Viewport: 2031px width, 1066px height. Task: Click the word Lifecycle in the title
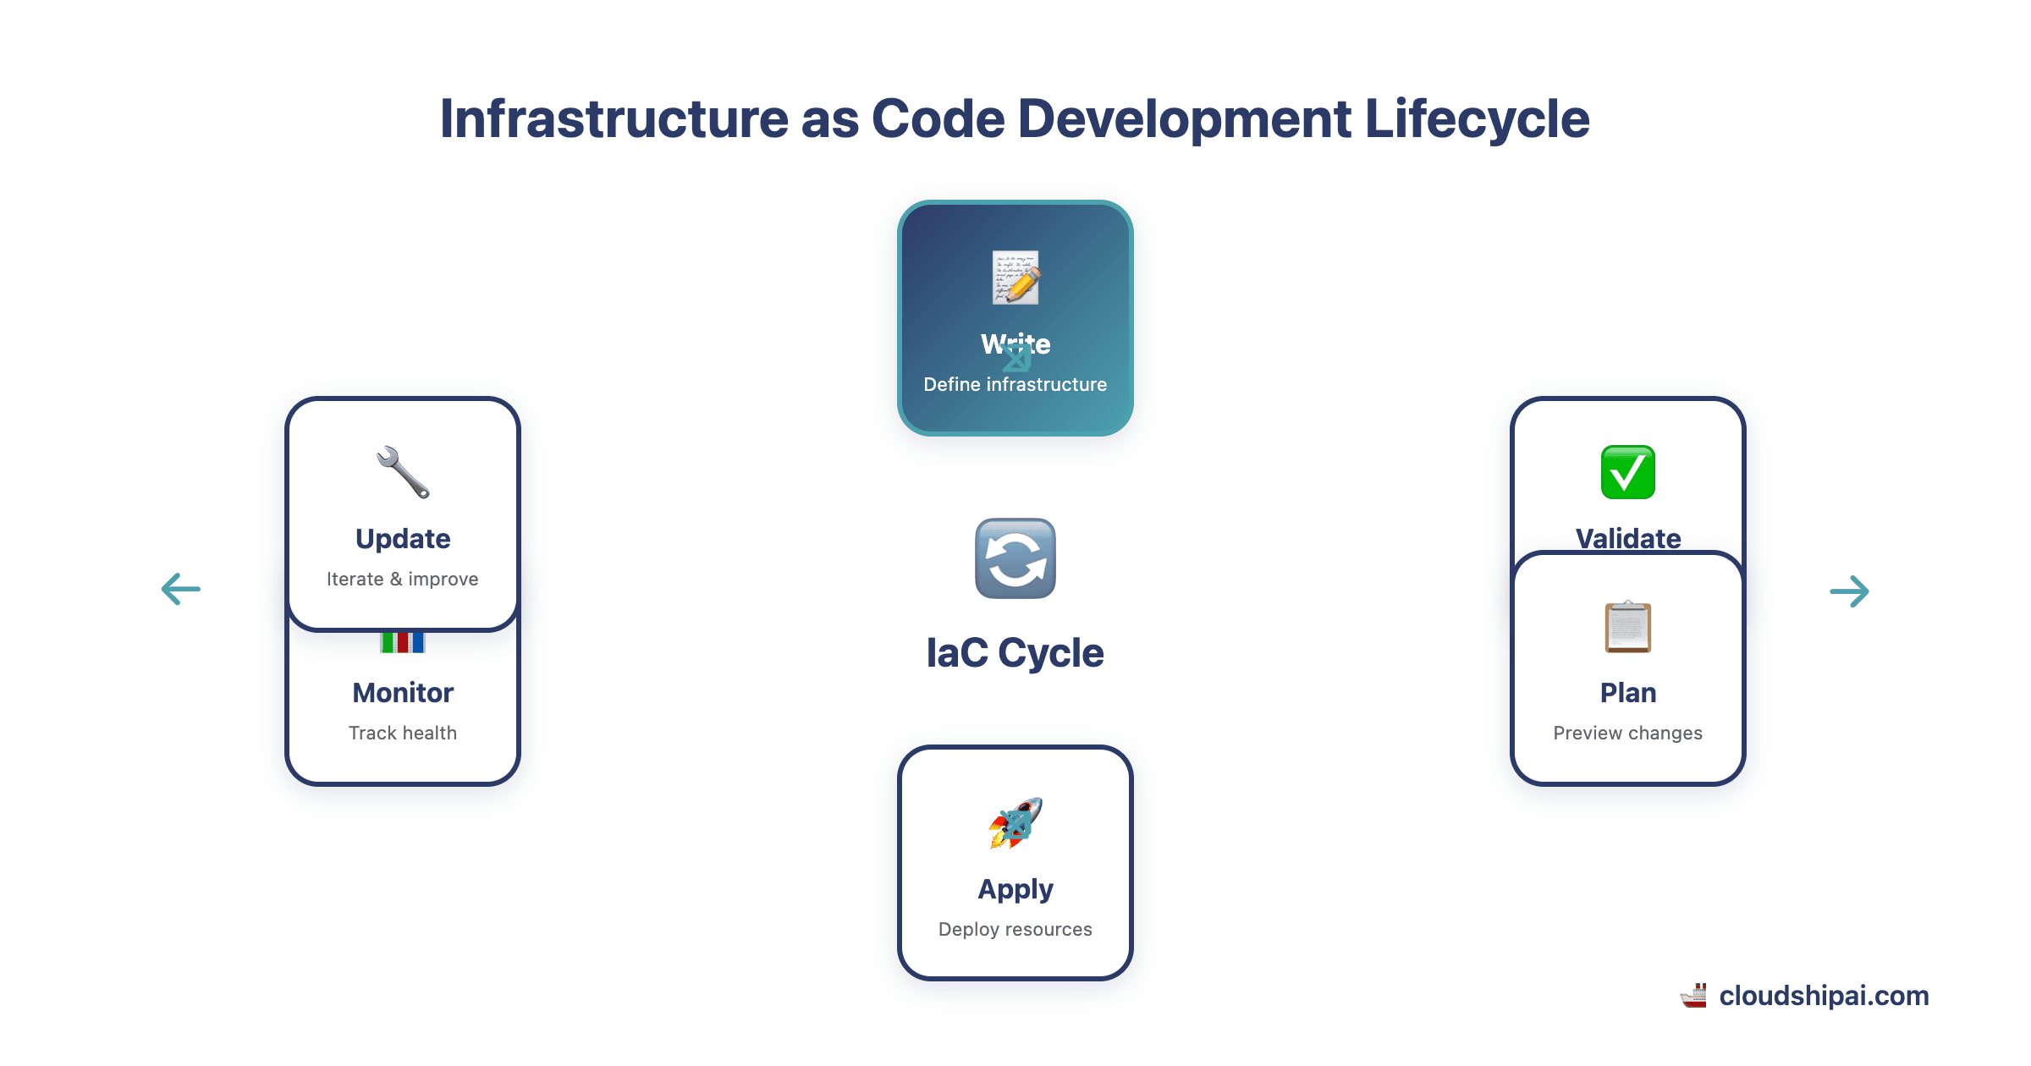[x=1477, y=118]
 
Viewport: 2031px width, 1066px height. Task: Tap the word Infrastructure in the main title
[x=614, y=118]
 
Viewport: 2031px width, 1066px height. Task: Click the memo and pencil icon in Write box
[x=1015, y=277]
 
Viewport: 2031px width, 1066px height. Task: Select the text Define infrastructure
[x=1015, y=385]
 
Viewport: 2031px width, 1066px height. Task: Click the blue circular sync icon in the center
[x=1015, y=558]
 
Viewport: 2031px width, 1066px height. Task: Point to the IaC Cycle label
[x=1015, y=653]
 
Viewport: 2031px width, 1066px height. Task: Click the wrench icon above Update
[x=403, y=472]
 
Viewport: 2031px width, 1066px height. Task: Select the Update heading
[x=403, y=539]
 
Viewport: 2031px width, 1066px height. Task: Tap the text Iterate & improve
[x=403, y=580]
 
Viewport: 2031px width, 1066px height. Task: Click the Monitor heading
[x=403, y=693]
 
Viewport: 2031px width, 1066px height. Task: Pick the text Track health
[x=403, y=734]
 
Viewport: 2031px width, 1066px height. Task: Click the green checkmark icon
[x=1627, y=472]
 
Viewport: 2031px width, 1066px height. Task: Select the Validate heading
[x=1627, y=537]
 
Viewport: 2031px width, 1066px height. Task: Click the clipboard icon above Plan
[x=1627, y=627]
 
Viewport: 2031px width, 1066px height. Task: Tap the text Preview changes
[x=1627, y=734]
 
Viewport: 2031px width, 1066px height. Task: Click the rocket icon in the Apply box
[x=1015, y=822]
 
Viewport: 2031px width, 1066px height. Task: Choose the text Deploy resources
[x=1015, y=930]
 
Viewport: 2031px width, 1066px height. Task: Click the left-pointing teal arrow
[x=181, y=589]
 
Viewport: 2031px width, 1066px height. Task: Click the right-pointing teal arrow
[x=1849, y=591]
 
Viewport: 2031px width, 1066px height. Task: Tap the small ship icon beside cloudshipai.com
[x=1694, y=997]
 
